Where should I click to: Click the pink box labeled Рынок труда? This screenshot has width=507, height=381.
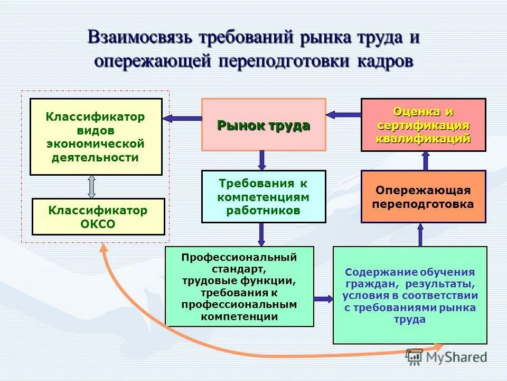tap(263, 125)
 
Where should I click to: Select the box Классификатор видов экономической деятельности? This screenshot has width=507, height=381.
tap(96, 137)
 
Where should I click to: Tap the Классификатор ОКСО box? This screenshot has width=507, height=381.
tap(98, 216)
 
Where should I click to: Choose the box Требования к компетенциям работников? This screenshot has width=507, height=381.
tap(263, 196)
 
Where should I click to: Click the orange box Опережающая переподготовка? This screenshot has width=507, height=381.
tap(423, 196)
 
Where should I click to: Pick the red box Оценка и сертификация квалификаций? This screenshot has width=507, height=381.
tap(423, 125)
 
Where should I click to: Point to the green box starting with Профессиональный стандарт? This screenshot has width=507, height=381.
tap(239, 286)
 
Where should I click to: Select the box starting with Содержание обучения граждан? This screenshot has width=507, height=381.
tap(410, 295)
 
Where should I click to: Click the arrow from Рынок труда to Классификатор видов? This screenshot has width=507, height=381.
tap(182, 119)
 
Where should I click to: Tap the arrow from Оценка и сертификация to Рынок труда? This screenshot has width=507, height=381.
tap(343, 114)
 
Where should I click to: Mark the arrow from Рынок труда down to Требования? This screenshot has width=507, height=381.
tap(262, 160)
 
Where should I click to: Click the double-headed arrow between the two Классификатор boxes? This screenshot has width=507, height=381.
tap(91, 186)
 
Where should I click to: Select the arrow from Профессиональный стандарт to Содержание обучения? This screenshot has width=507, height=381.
tap(323, 299)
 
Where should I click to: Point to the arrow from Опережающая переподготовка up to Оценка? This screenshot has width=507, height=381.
tap(426, 160)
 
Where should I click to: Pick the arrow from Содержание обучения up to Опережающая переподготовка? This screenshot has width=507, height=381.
tap(420, 234)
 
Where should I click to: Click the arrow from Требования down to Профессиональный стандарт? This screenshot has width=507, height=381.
tap(262, 234)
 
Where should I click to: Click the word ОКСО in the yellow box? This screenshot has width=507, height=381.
tap(98, 224)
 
